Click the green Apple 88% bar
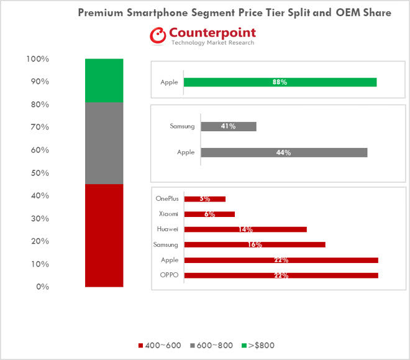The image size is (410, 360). pyautogui.click(x=280, y=82)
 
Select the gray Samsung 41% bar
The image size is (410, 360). pyautogui.click(x=229, y=126)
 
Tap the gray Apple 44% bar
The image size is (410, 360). pyautogui.click(x=284, y=152)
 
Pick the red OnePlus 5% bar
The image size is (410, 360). pyautogui.click(x=205, y=199)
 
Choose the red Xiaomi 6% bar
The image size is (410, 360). pyautogui.click(x=209, y=214)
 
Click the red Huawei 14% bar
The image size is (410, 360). pyautogui.click(x=245, y=229)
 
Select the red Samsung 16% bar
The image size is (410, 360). pyautogui.click(x=255, y=244)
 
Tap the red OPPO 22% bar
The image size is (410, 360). pyautogui.click(x=281, y=275)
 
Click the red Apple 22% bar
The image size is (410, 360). pyautogui.click(x=281, y=260)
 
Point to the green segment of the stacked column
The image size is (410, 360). pyautogui.click(x=104, y=80)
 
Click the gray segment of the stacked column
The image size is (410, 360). pyautogui.click(x=104, y=143)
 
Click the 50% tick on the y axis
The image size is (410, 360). pyautogui.click(x=39, y=173)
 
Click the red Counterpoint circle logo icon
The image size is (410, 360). pyautogui.click(x=157, y=35)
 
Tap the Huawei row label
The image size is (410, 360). pyautogui.click(x=168, y=229)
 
